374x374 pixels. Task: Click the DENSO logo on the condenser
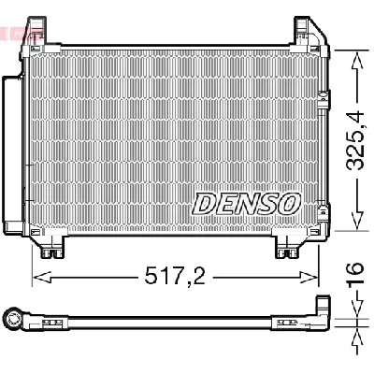coord(246,202)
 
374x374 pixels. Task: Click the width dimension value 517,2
coord(176,277)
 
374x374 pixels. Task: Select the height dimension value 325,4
coord(355,140)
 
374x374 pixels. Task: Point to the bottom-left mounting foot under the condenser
coord(51,247)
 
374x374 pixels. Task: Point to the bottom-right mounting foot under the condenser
coord(285,247)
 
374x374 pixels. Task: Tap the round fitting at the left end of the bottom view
coord(14,320)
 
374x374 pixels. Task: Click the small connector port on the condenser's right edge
coord(324,93)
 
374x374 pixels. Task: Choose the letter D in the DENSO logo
coord(205,202)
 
